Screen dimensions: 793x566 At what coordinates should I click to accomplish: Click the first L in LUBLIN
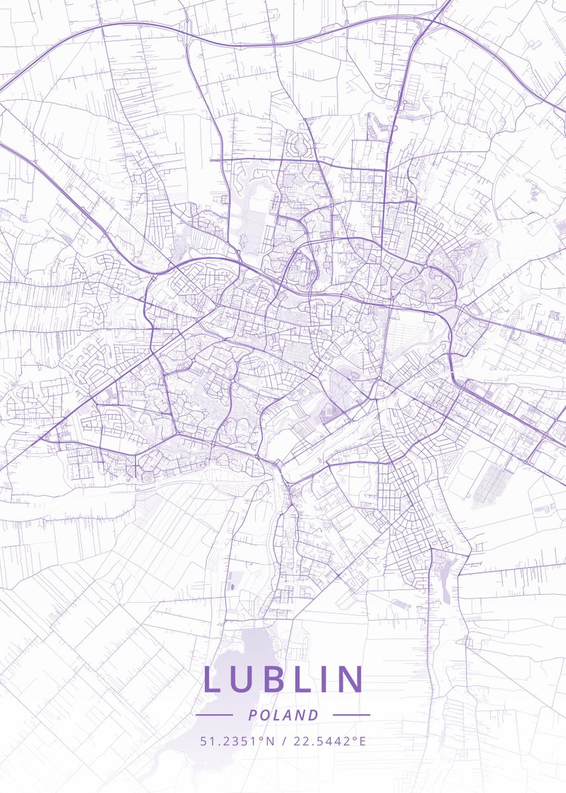tap(213, 679)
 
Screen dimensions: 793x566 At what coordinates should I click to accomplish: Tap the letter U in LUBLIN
tap(243, 679)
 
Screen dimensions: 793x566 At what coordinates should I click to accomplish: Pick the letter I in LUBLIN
tap(326, 679)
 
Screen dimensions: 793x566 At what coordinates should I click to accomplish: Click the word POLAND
tap(283, 715)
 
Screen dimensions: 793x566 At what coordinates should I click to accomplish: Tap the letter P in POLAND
tap(252, 715)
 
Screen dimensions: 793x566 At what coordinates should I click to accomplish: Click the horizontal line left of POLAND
tap(215, 715)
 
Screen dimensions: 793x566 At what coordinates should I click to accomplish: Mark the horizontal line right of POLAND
tap(351, 715)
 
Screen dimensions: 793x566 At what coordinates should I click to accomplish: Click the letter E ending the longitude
tap(362, 741)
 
